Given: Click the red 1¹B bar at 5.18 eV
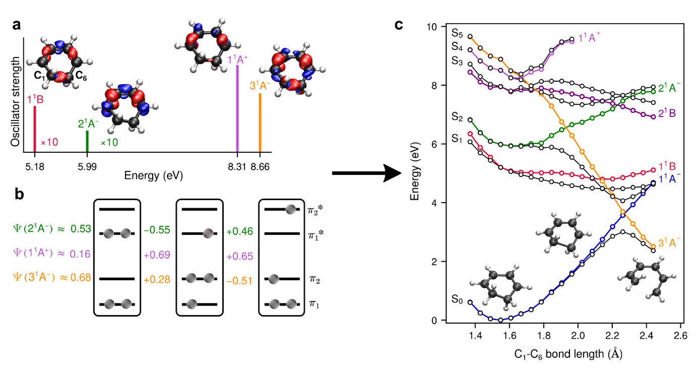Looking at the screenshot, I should click(34, 129).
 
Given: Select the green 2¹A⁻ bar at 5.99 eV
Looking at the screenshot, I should click(87, 141).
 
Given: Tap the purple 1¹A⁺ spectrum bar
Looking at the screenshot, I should click(237, 108).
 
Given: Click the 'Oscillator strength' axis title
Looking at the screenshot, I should click(17, 102).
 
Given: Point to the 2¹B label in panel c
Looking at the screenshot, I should click(668, 113).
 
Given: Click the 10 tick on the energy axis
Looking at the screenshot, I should click(432, 26).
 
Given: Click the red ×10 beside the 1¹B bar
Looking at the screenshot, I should click(49, 143).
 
